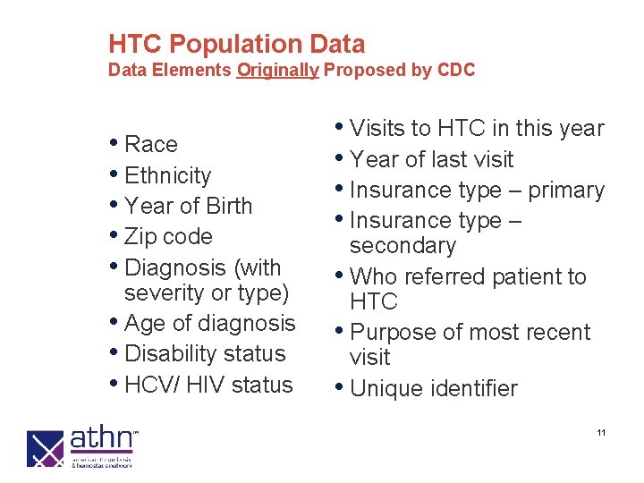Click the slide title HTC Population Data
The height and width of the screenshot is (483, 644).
(236, 44)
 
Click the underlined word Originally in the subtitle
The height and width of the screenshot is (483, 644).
(277, 70)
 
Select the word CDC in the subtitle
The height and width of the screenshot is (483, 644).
(456, 70)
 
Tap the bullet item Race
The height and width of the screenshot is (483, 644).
(151, 144)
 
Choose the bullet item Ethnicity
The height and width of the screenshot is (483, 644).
(168, 175)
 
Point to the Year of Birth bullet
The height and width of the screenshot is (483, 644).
(189, 206)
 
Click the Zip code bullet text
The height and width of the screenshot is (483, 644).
(169, 237)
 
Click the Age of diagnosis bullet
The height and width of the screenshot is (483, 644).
(210, 323)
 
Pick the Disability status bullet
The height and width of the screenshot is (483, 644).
(205, 353)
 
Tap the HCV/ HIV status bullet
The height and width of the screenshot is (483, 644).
(209, 385)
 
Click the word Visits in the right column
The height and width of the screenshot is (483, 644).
(377, 129)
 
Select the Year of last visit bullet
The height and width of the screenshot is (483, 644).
(432, 159)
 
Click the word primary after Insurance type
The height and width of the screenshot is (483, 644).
(566, 191)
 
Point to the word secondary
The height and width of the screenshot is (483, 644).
(402, 245)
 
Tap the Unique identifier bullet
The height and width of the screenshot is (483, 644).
(434, 388)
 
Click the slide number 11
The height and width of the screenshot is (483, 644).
(601, 433)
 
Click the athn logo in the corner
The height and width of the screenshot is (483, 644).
(81, 447)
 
